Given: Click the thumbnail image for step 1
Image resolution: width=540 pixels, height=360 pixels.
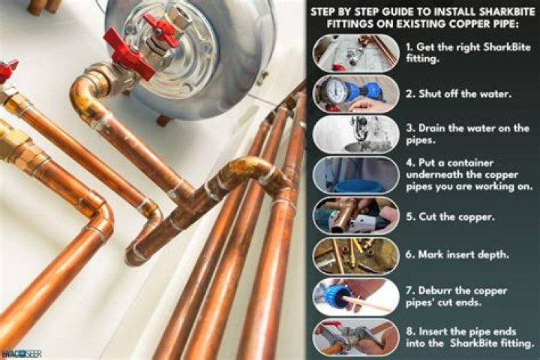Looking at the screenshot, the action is pyautogui.click(x=356, y=53).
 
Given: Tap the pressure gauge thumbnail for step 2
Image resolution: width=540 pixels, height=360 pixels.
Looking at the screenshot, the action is pyautogui.click(x=356, y=94).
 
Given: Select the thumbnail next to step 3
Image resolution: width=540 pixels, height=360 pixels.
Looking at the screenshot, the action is pyautogui.click(x=356, y=134).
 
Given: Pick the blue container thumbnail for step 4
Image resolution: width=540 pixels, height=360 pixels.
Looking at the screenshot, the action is pyautogui.click(x=356, y=175).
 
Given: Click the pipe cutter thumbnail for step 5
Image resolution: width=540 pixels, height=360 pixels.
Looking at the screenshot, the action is pyautogui.click(x=356, y=216).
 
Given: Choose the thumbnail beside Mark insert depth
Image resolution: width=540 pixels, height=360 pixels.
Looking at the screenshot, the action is pyautogui.click(x=356, y=256).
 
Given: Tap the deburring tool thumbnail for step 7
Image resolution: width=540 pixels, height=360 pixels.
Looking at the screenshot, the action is pyautogui.click(x=356, y=296).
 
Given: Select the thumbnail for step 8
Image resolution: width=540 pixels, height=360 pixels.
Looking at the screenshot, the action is pyautogui.click(x=356, y=337).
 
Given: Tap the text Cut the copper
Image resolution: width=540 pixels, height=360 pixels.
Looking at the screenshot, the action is pyautogui.click(x=456, y=217).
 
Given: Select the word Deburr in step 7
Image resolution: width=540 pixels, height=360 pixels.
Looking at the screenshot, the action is pyautogui.click(x=435, y=290).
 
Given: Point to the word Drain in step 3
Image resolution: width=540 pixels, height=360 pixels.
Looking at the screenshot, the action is pyautogui.click(x=432, y=128).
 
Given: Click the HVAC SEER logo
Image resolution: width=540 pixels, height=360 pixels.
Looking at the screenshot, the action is pyautogui.click(x=21, y=353).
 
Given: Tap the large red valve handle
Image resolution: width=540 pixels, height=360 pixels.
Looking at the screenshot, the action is pyautogui.click(x=129, y=53).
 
